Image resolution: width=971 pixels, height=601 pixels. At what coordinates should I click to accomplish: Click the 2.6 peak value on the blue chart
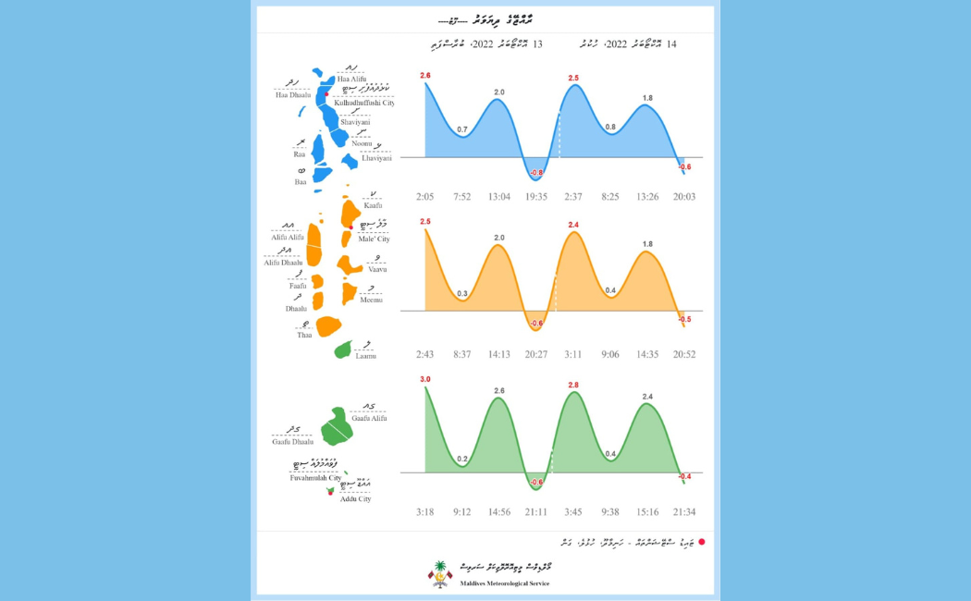click(425, 75)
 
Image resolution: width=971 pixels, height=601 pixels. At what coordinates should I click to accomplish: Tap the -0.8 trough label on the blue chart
click(536, 173)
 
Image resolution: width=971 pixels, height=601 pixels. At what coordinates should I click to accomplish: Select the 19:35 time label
click(536, 197)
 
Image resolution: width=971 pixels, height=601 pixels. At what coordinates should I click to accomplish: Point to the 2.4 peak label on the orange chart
click(573, 225)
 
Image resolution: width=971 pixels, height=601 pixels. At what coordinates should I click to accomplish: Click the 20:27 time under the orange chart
click(536, 354)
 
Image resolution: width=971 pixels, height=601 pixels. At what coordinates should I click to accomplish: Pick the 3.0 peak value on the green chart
click(425, 379)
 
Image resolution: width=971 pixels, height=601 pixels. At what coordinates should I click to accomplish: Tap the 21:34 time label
click(685, 511)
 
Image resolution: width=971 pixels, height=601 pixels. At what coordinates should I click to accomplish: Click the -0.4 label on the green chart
click(684, 477)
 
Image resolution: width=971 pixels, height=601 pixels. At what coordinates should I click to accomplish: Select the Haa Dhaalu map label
click(293, 95)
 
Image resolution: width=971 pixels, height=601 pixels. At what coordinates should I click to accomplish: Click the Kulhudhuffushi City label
click(364, 103)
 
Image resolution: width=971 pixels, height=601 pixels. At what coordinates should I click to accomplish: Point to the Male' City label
click(374, 239)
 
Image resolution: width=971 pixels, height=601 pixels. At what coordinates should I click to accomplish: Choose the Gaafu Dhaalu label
click(292, 442)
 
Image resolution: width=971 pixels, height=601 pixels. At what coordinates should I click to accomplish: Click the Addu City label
click(355, 498)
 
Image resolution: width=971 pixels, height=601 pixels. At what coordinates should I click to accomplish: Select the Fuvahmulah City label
click(315, 478)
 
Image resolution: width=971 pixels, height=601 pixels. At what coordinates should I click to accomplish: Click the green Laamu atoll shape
click(343, 350)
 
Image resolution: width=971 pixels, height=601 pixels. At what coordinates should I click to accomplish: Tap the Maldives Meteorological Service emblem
click(440, 574)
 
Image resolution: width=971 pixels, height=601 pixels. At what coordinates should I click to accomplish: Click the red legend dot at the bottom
click(702, 542)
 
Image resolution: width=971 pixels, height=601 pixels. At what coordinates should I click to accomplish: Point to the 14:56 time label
click(499, 511)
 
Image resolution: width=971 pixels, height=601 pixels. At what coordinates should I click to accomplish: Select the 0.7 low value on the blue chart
click(462, 129)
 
